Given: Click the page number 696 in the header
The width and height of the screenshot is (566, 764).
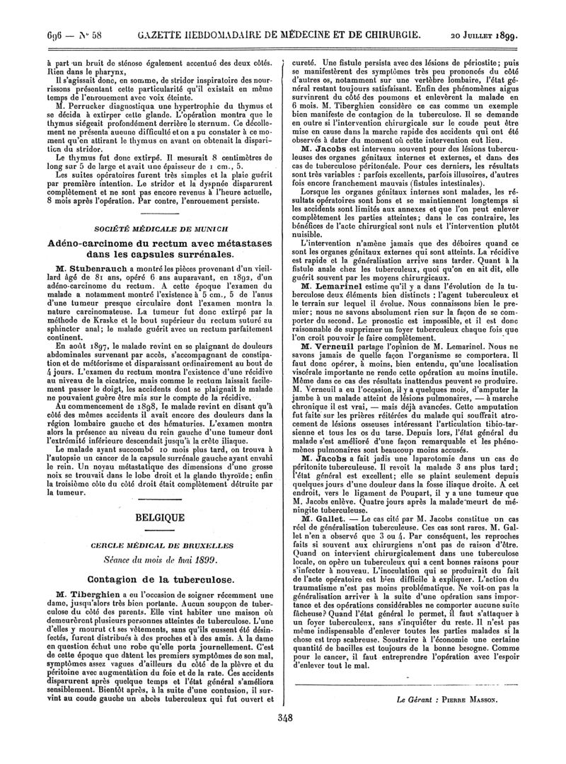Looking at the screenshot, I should coord(18,13).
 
